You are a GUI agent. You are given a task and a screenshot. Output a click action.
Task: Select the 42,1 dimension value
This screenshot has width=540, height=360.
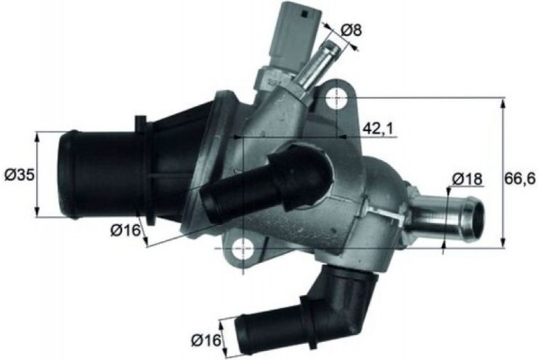[378, 129]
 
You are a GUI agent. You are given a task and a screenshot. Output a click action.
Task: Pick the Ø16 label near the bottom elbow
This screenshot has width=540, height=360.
[205, 339]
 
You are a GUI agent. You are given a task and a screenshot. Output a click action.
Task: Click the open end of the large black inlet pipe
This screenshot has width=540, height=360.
[68, 175]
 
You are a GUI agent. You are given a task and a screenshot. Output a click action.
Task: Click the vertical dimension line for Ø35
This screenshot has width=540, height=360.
[38, 175]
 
